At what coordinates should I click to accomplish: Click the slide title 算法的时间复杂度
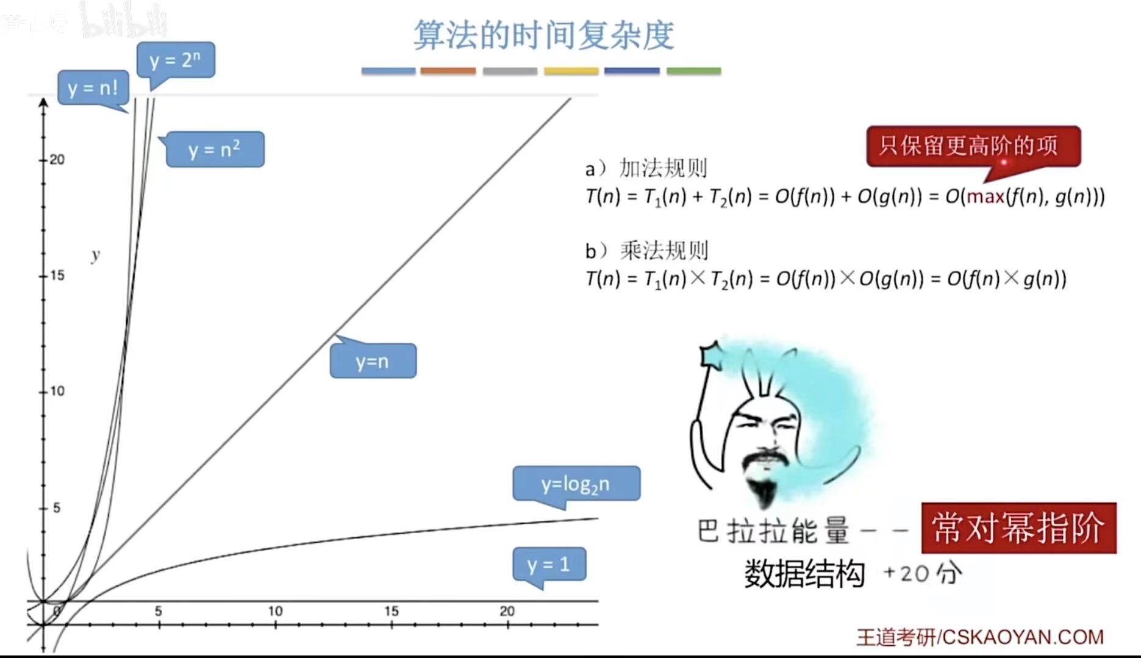tap(543, 35)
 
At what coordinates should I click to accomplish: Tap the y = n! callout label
tap(93, 88)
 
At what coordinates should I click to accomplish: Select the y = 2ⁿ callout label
tap(175, 60)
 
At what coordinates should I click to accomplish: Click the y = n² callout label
tap(215, 149)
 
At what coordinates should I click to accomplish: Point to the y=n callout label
tap(373, 361)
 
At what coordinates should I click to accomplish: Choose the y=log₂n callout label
tap(576, 484)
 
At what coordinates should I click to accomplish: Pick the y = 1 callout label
tap(549, 564)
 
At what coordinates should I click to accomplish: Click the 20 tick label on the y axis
tap(57, 160)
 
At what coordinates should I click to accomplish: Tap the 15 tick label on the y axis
tap(57, 276)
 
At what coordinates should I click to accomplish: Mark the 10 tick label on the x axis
tap(275, 611)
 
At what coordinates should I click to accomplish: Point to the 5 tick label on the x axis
tap(158, 611)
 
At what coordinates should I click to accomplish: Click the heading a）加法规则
tap(646, 168)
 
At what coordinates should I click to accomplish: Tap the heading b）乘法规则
tap(646, 251)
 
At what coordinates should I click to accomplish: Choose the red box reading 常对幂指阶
tap(1018, 528)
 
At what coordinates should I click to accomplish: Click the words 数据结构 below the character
tap(804, 574)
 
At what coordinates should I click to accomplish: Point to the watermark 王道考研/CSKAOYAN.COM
tap(980, 637)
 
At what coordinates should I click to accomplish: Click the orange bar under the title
tap(448, 71)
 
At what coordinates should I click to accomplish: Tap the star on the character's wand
tap(711, 356)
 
